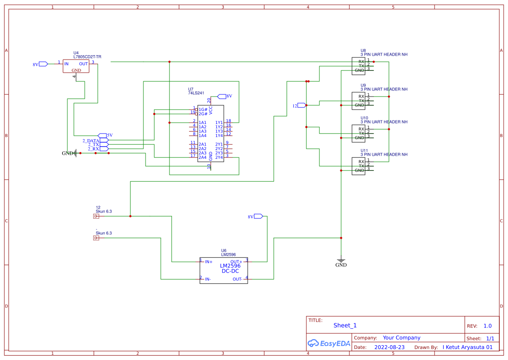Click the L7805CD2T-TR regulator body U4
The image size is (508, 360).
click(76, 66)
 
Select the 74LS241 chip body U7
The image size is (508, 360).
click(211, 133)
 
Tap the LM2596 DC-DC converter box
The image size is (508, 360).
click(224, 270)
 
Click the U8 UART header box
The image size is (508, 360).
click(359, 66)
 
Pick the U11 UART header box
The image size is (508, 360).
click(359, 166)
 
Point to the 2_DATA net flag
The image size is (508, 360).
click(104, 140)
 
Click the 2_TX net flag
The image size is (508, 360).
click(104, 144)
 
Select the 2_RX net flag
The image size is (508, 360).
click(104, 149)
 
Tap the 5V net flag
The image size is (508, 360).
click(103, 135)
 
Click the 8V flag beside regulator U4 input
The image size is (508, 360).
click(43, 64)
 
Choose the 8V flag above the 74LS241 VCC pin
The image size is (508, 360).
click(222, 96)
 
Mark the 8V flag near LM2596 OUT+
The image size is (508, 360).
click(258, 216)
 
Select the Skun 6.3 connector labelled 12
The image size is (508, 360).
click(96, 216)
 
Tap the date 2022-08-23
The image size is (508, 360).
click(389, 347)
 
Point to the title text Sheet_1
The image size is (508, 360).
click(345, 325)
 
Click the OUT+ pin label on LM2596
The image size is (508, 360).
click(236, 262)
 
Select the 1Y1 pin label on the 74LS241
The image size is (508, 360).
click(219, 123)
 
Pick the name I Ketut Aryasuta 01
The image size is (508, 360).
click(468, 347)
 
